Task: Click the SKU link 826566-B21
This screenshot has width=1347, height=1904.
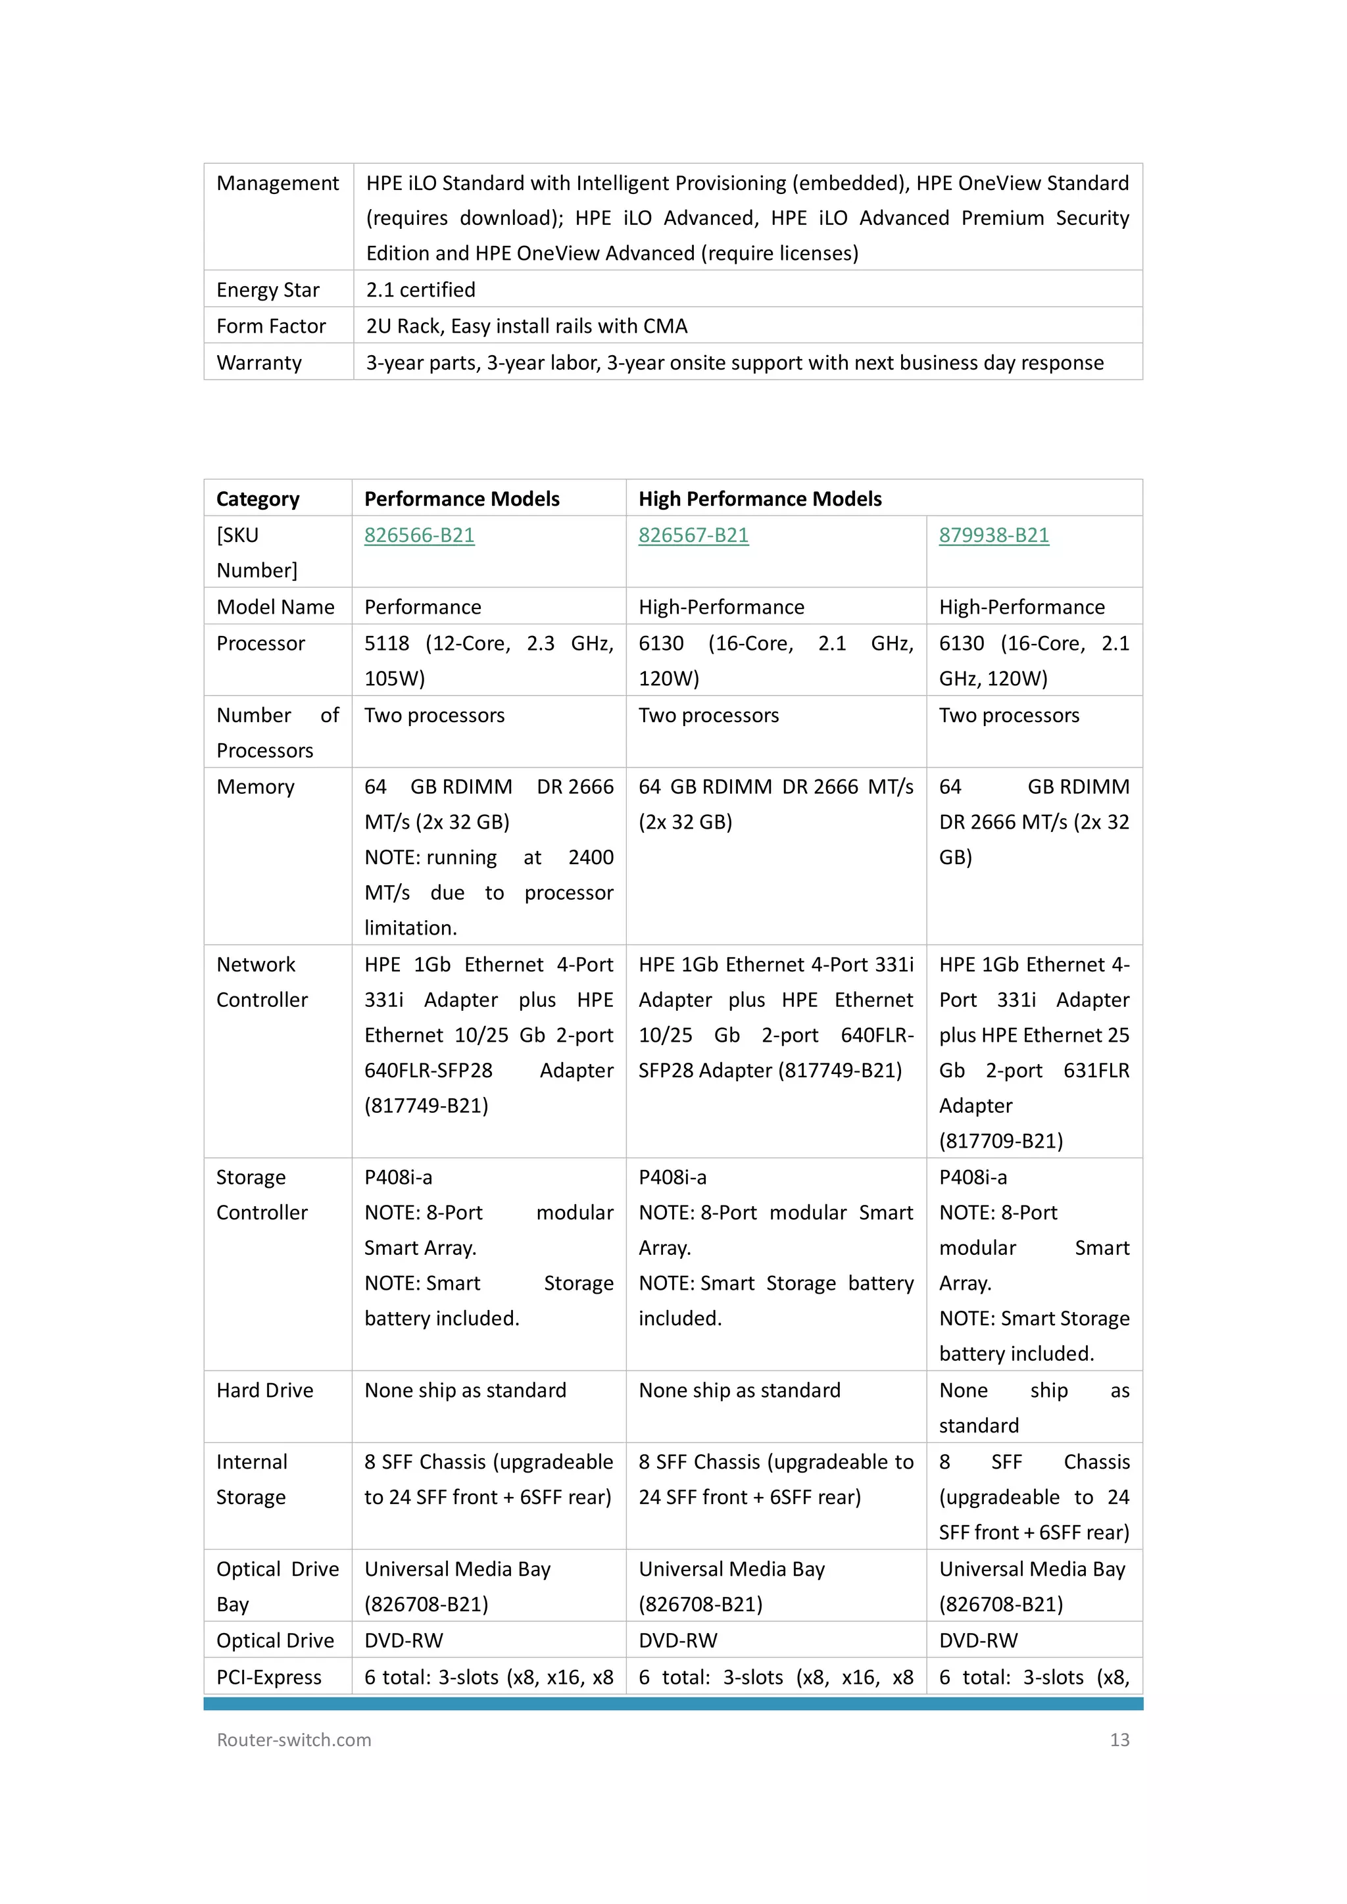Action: (x=419, y=536)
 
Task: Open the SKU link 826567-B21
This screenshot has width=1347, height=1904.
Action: (x=693, y=536)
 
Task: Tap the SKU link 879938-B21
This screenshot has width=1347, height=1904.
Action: (x=994, y=536)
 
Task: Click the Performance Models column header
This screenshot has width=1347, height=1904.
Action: (x=462, y=499)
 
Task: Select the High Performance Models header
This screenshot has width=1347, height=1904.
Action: (x=760, y=499)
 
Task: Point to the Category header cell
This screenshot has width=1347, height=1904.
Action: (x=258, y=499)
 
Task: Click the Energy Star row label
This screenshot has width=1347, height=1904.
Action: (x=268, y=290)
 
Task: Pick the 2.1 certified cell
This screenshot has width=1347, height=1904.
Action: (x=420, y=290)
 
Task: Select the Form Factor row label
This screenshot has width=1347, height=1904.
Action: (x=271, y=327)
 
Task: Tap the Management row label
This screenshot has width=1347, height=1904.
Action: (x=278, y=183)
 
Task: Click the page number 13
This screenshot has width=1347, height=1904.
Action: (x=1119, y=1740)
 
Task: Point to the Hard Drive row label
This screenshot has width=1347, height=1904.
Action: (x=264, y=1391)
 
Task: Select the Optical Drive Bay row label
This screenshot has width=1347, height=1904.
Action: (x=277, y=1586)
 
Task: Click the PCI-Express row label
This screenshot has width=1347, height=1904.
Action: (x=269, y=1677)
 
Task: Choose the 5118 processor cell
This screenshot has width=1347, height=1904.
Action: (x=489, y=661)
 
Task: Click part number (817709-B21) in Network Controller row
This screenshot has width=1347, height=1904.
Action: (x=1000, y=1141)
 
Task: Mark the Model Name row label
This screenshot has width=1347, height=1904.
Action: (x=276, y=607)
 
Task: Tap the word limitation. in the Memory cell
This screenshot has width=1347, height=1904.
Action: (x=410, y=928)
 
